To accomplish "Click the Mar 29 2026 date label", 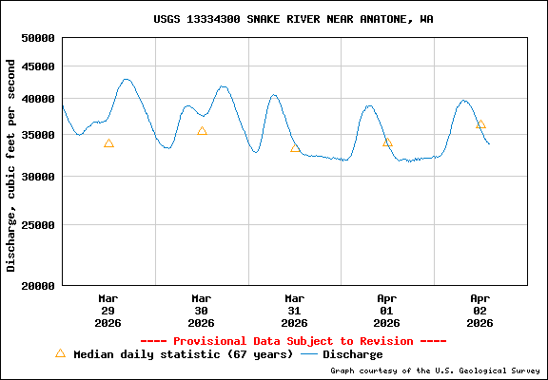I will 108,310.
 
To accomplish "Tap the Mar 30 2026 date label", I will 202,310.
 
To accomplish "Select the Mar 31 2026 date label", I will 295,310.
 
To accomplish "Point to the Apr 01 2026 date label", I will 387,310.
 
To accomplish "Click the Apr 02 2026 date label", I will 480,310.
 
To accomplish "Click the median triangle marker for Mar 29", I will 108,143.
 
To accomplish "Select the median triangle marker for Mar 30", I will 202,131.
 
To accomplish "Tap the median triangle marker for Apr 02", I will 480,123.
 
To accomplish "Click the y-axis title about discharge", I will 11,165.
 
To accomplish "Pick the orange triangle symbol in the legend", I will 60,353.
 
